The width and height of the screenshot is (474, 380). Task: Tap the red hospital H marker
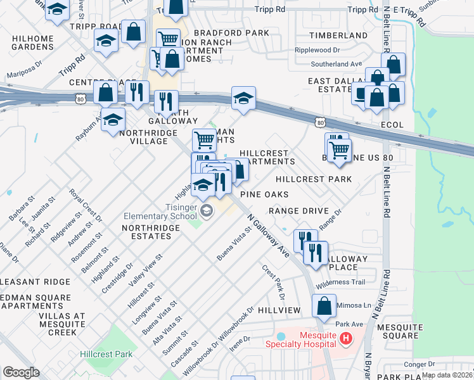pyautogui.click(x=345, y=339)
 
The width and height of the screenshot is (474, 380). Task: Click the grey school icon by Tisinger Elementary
pyautogui.click(x=205, y=210)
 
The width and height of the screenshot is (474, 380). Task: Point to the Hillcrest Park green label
pyautogui.click(x=106, y=354)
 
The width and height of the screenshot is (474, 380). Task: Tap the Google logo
pyautogui.click(x=21, y=372)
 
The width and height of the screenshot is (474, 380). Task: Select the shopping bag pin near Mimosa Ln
pyautogui.click(x=324, y=307)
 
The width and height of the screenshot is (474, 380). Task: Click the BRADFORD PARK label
pyautogui.click(x=227, y=32)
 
